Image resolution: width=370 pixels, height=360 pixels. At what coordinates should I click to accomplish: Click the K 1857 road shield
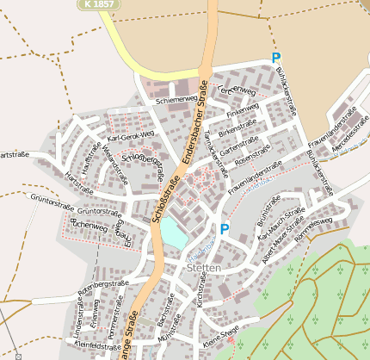pos(101,4)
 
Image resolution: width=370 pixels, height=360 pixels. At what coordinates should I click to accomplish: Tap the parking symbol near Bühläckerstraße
pos(275,59)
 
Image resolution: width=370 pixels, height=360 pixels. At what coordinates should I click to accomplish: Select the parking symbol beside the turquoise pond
pos(224,229)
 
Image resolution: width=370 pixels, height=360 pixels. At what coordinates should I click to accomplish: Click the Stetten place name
pos(203,269)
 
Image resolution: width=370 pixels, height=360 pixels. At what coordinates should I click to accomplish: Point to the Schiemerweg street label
pos(176,100)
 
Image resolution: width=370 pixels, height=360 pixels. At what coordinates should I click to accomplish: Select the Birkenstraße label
pos(237,131)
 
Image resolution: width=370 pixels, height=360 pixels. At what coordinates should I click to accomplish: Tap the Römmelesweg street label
pos(313,229)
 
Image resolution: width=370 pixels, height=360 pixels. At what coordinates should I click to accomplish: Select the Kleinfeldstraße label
pos(97,345)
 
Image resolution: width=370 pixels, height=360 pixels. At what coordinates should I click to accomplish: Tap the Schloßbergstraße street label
pos(143,160)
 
